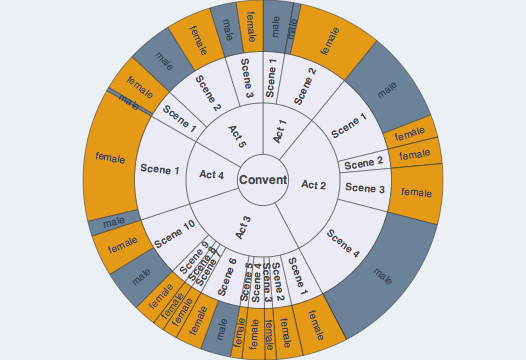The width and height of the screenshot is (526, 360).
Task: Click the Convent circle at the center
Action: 263,181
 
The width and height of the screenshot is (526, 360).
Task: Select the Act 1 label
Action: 280,131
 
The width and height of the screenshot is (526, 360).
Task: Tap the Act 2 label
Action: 314,185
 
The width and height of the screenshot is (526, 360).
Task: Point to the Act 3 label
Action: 243,227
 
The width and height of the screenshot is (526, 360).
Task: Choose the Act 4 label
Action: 212,175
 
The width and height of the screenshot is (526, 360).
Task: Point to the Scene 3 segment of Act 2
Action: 364,188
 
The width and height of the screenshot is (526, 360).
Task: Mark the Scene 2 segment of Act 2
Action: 364,162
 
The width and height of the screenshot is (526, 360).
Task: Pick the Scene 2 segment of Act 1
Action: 305,84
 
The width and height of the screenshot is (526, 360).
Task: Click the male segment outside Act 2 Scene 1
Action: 387,89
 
